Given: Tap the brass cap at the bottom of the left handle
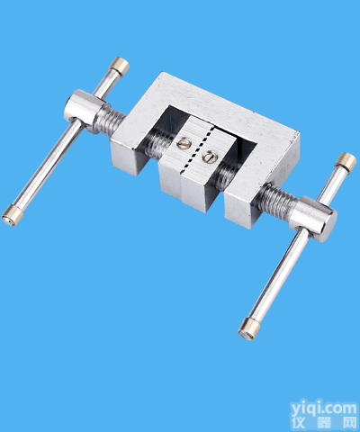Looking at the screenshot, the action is point(12,215).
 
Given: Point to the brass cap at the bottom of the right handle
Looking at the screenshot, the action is point(248,329).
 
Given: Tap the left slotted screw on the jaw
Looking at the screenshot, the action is point(184,143).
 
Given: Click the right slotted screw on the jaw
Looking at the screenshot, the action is point(210,157).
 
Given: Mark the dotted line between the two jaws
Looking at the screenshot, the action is point(196,150).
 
